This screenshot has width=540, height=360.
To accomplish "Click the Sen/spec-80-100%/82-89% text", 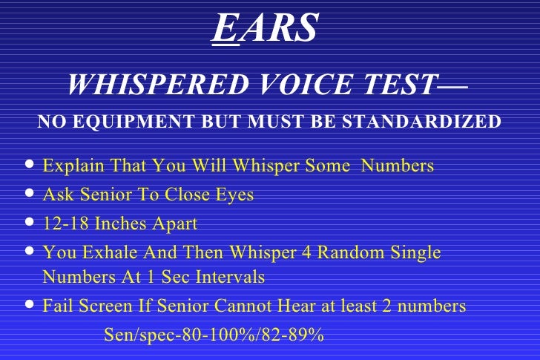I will tap(214, 335).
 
